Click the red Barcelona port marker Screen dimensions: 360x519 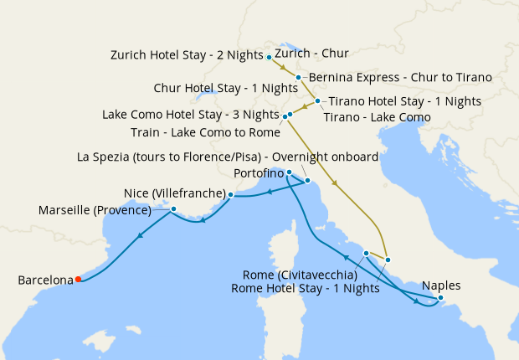[x=78, y=280]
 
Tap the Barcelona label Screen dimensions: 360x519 [x=45, y=280]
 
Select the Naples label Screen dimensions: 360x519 [x=441, y=284]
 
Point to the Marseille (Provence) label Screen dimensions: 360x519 [x=95, y=210]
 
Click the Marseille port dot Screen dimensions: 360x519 [x=173, y=208]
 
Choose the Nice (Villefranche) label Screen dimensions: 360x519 [x=175, y=193]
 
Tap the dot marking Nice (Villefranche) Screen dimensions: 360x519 [x=231, y=194]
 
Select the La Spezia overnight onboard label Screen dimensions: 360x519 [x=228, y=157]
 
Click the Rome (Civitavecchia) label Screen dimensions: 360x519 [x=300, y=275]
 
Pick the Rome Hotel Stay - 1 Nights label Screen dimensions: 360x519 [x=306, y=289]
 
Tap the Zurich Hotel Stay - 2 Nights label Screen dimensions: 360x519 [x=188, y=55]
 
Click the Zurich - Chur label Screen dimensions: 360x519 [x=311, y=54]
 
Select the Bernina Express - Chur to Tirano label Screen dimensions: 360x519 [x=400, y=78]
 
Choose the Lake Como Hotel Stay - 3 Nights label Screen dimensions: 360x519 [x=190, y=115]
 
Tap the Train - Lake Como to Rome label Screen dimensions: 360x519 [x=205, y=132]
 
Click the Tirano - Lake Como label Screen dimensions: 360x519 [x=377, y=117]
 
